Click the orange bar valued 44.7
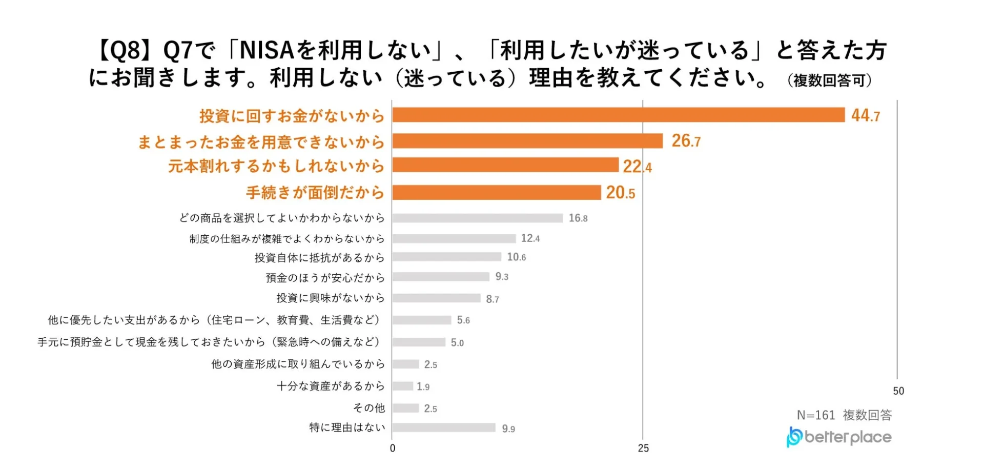point(618,115)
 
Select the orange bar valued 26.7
point(527,141)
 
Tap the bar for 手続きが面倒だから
point(496,193)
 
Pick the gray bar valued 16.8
point(477,218)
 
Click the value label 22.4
point(637,167)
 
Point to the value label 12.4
point(530,238)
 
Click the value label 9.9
point(508,428)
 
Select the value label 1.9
point(423,386)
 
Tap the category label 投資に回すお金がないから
point(292,116)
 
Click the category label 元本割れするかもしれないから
point(276,166)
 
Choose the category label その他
point(368,408)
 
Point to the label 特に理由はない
point(347,427)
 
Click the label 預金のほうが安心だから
point(325,278)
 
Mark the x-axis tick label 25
point(643,448)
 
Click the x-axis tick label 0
point(393,448)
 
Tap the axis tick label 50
point(898,391)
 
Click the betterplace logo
point(839,437)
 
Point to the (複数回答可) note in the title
point(829,80)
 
